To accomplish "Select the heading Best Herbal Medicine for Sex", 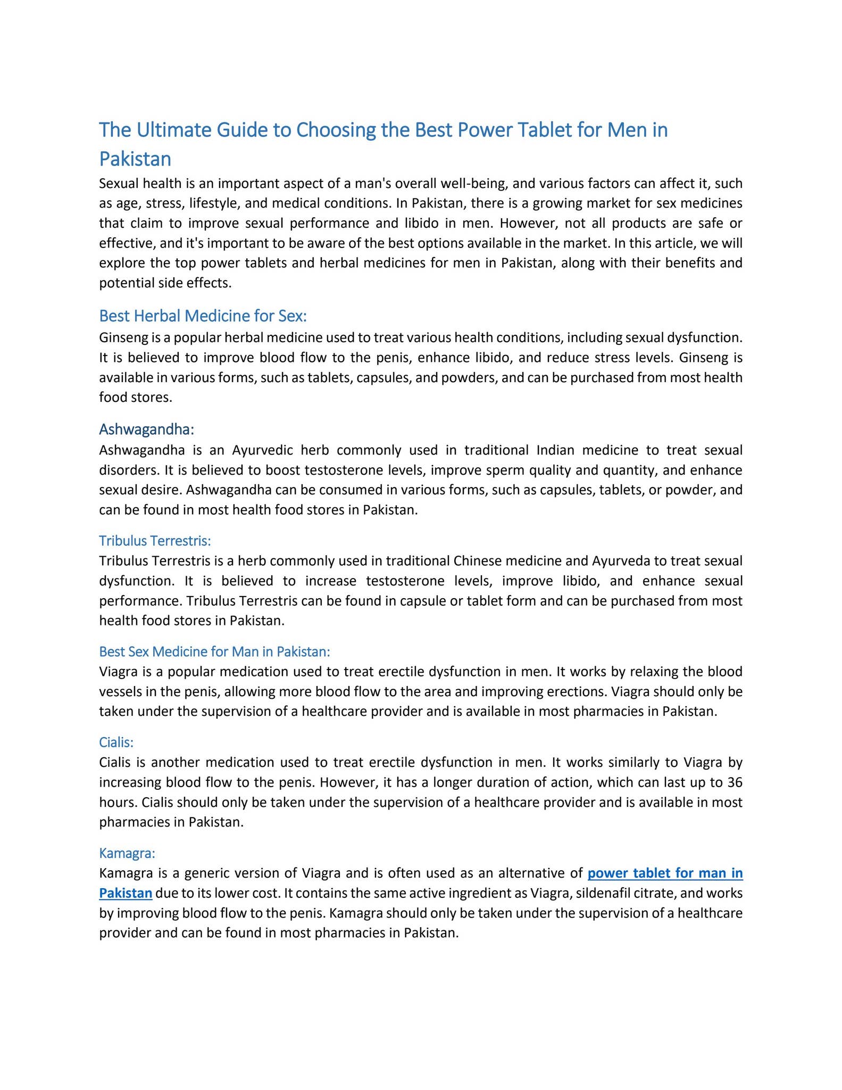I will pyautogui.click(x=203, y=316).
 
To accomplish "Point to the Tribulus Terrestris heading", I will pyautogui.click(x=155, y=541).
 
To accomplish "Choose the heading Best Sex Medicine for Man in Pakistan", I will pyautogui.click(x=214, y=651).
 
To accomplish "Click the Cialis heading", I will pyautogui.click(x=116, y=742).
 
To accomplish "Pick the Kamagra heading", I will pyautogui.click(x=127, y=854).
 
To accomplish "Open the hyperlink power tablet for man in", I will pyautogui.click(x=665, y=873).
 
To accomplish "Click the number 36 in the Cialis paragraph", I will pyautogui.click(x=734, y=782).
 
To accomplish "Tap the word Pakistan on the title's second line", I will pyautogui.click(x=135, y=159).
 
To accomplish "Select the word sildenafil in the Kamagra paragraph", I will pyautogui.click(x=607, y=893).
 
